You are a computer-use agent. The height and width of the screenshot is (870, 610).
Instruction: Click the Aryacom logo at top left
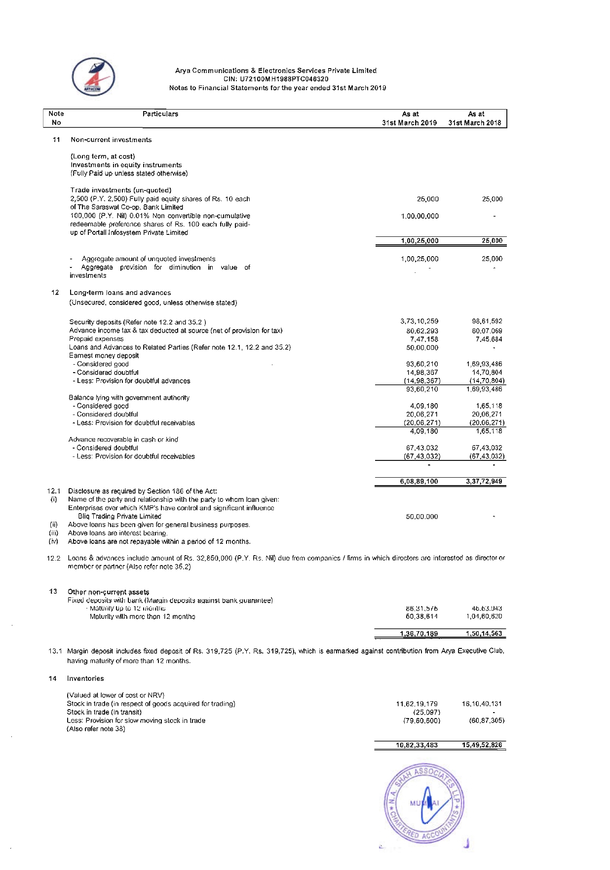(93, 77)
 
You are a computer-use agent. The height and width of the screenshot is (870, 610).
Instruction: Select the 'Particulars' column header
(160, 114)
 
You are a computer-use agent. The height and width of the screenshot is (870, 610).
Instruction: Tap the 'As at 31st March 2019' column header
(410, 118)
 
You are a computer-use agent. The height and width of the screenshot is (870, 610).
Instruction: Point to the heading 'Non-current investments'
(111, 140)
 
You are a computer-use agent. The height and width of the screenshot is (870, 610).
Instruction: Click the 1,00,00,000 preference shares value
(420, 216)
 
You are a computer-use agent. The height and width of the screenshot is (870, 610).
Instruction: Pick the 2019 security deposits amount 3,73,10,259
(419, 321)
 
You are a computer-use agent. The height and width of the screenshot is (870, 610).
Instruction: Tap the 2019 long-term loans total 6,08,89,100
(419, 481)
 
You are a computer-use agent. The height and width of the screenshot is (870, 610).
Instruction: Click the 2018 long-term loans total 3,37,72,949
(484, 481)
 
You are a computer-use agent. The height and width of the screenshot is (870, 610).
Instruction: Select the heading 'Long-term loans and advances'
(120, 293)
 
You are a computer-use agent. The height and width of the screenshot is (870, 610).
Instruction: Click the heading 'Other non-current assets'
(108, 592)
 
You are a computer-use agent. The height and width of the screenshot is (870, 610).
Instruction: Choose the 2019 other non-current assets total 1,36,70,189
(419, 634)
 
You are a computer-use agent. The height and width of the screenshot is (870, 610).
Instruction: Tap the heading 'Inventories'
(85, 679)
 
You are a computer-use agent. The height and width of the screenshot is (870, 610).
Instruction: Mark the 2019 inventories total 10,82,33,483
(417, 745)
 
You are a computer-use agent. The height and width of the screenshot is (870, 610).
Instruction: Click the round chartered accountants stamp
(423, 804)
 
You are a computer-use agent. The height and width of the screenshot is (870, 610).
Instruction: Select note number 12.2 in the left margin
(54, 558)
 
